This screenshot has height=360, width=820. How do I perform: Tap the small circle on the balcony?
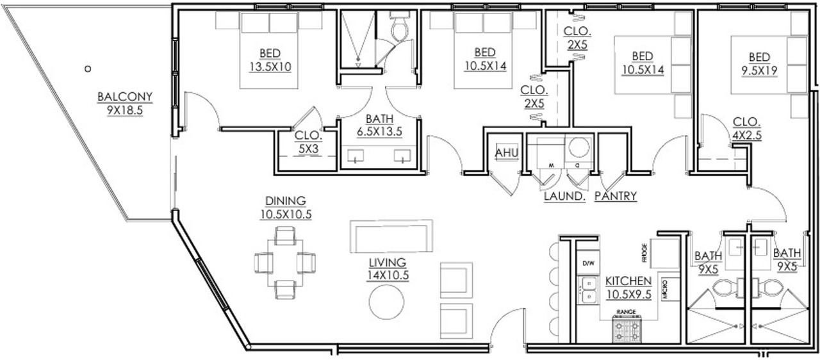[88, 68]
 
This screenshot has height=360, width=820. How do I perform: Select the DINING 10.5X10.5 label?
[286, 208]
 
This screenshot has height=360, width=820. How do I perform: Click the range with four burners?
[626, 331]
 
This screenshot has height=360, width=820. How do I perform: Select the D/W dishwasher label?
[587, 263]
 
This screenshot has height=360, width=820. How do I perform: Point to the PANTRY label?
[616, 196]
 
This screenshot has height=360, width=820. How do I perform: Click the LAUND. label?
[564, 196]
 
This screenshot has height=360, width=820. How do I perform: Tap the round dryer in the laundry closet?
[578, 147]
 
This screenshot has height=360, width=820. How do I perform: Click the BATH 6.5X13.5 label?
[384, 125]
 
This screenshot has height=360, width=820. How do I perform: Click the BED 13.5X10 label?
[270, 59]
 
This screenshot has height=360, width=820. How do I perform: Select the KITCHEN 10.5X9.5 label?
[628, 288]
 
